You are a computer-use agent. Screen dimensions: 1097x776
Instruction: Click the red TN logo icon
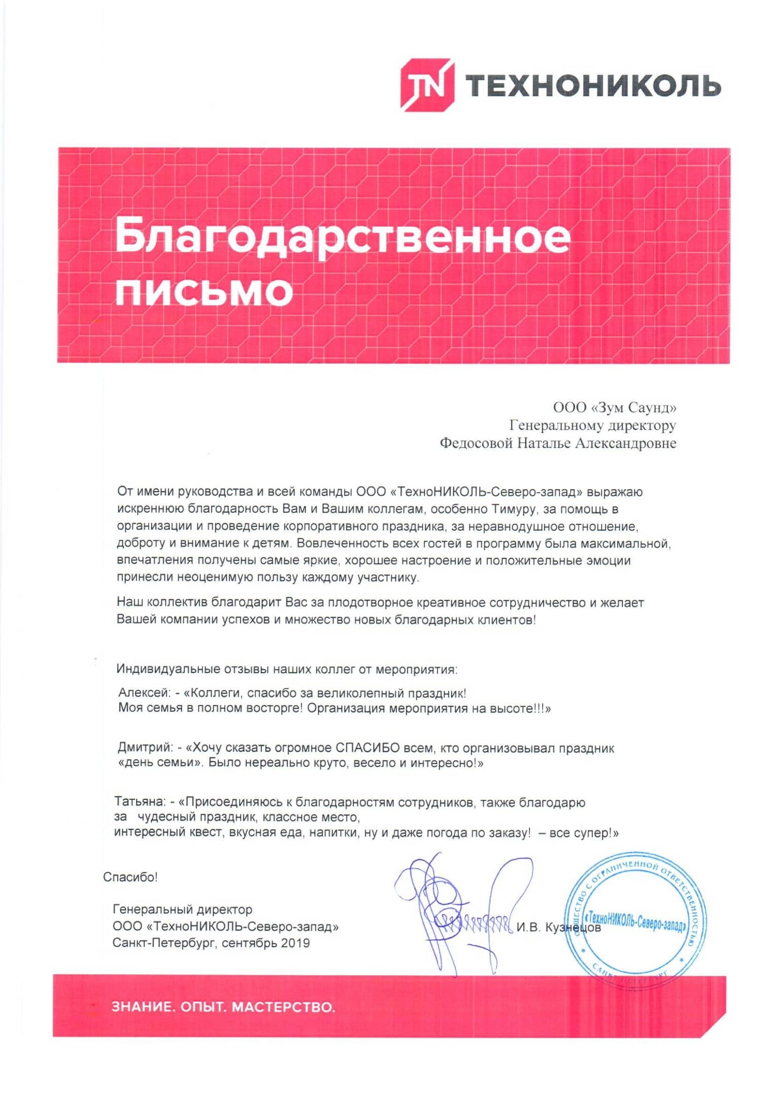pos(426,85)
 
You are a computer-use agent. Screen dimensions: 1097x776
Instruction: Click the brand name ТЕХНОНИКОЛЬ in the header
pos(592,85)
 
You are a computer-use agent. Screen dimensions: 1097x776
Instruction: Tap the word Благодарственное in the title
pos(343,236)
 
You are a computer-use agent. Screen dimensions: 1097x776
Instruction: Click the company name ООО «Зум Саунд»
pos(614,407)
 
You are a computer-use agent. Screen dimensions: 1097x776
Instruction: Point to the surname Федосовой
pos(476,443)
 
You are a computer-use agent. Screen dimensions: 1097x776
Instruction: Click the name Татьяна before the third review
pos(140,802)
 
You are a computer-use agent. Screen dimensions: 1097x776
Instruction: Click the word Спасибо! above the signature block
pos(130,877)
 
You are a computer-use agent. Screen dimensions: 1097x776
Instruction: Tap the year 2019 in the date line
pos(295,943)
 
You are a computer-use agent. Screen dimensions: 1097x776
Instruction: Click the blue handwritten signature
pos(457,909)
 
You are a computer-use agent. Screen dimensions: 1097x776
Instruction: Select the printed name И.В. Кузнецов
pos(558,927)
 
